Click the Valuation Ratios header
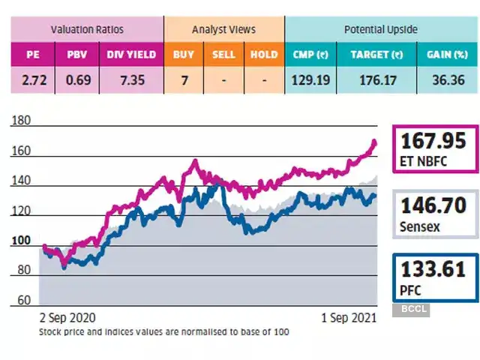[x=87, y=30]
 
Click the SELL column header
[x=223, y=55]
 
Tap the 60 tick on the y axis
[x=24, y=301]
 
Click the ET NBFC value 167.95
[x=433, y=140]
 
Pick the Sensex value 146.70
[x=433, y=204]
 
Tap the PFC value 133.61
[x=433, y=268]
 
